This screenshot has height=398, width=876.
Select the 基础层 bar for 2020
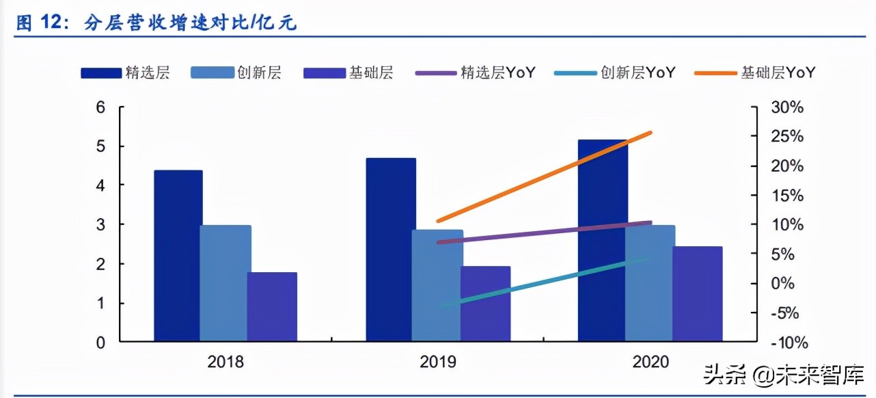pyautogui.click(x=697, y=293)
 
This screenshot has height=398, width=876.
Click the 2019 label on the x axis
pyautogui.click(x=437, y=362)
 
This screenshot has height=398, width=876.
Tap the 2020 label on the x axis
pyautogui.click(x=651, y=362)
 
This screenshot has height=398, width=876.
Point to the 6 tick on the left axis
pyautogui.click(x=100, y=107)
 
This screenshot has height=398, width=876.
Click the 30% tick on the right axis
pyautogui.click(x=787, y=108)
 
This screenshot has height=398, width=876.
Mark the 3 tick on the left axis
pyautogui.click(x=100, y=225)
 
